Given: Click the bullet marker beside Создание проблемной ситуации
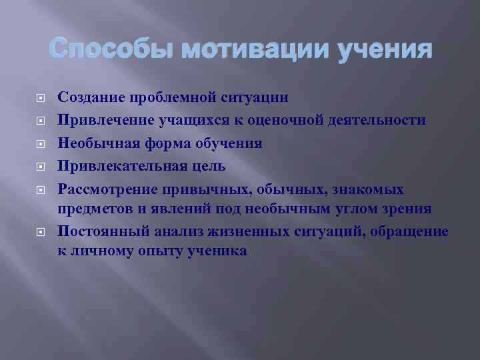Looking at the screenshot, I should click(x=39, y=98).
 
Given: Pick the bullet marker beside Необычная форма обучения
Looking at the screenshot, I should click(x=39, y=143).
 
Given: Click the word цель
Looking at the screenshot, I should click(x=208, y=165).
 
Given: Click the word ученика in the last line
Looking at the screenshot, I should click(x=213, y=251).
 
